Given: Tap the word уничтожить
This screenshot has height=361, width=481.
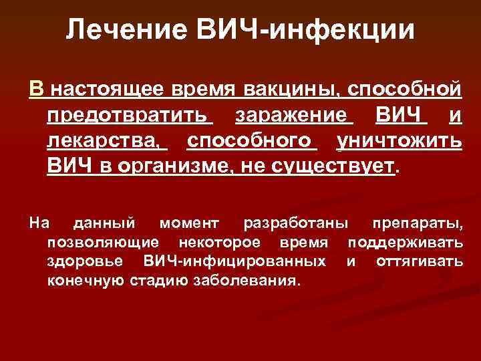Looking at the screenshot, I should point(399,142).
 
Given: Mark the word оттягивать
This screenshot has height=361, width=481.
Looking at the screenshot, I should point(419,260).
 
